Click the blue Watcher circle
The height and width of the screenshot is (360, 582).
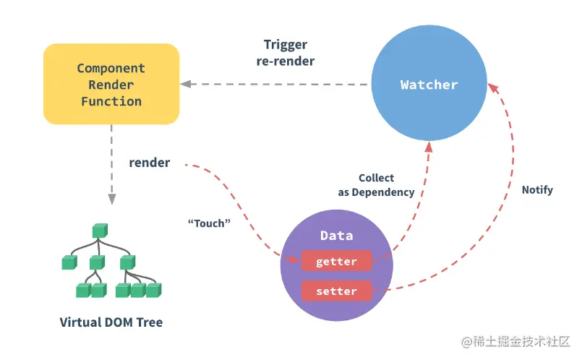click(429, 85)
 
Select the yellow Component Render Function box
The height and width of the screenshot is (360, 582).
click(111, 84)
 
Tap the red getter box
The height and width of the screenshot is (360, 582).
click(336, 261)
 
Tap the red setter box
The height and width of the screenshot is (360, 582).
click(336, 291)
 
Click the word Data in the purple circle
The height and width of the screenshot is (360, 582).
click(336, 236)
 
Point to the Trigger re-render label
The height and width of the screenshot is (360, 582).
click(285, 53)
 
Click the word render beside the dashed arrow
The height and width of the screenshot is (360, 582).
click(150, 163)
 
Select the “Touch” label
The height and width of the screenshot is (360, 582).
click(209, 223)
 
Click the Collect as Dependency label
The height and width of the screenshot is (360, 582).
click(376, 185)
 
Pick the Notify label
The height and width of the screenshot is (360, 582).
click(537, 190)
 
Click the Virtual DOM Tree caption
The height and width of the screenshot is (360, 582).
click(111, 322)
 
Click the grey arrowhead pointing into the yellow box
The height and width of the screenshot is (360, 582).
click(186, 85)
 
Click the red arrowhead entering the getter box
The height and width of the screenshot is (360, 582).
click(296, 260)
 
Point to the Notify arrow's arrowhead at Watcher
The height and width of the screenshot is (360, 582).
click(492, 87)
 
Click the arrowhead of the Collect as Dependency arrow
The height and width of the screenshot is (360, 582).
click(429, 146)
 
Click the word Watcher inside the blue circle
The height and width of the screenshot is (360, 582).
click(429, 85)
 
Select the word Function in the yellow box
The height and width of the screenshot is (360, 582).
click(111, 101)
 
